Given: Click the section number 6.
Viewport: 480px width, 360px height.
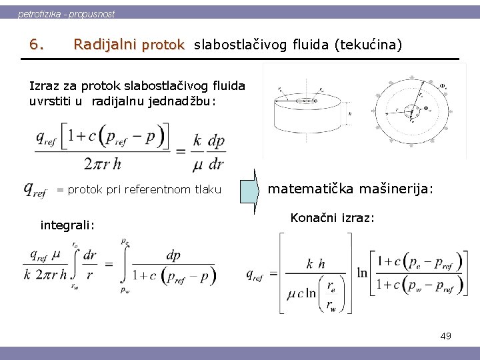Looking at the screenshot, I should coord(37,45).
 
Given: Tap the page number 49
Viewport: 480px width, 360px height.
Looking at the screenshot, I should coord(445,336).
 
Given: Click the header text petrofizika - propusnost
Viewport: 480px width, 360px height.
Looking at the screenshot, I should coord(66,13).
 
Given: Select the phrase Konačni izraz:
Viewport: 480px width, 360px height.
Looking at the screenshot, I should coord(333,218).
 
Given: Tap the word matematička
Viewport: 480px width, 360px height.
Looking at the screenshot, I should coord(311,189).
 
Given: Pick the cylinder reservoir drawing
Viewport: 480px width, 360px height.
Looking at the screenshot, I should coord(307,111).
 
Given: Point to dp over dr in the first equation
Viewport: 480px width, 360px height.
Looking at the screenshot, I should coord(216,153).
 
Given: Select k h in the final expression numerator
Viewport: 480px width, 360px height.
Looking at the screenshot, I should coord(315,263).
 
